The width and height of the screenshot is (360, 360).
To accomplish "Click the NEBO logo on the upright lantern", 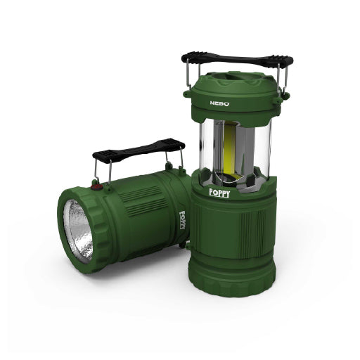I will pos(219,102).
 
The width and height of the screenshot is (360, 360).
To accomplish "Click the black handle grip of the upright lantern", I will pos(236,56).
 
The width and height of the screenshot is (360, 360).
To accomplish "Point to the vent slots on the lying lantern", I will pos(150,193).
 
